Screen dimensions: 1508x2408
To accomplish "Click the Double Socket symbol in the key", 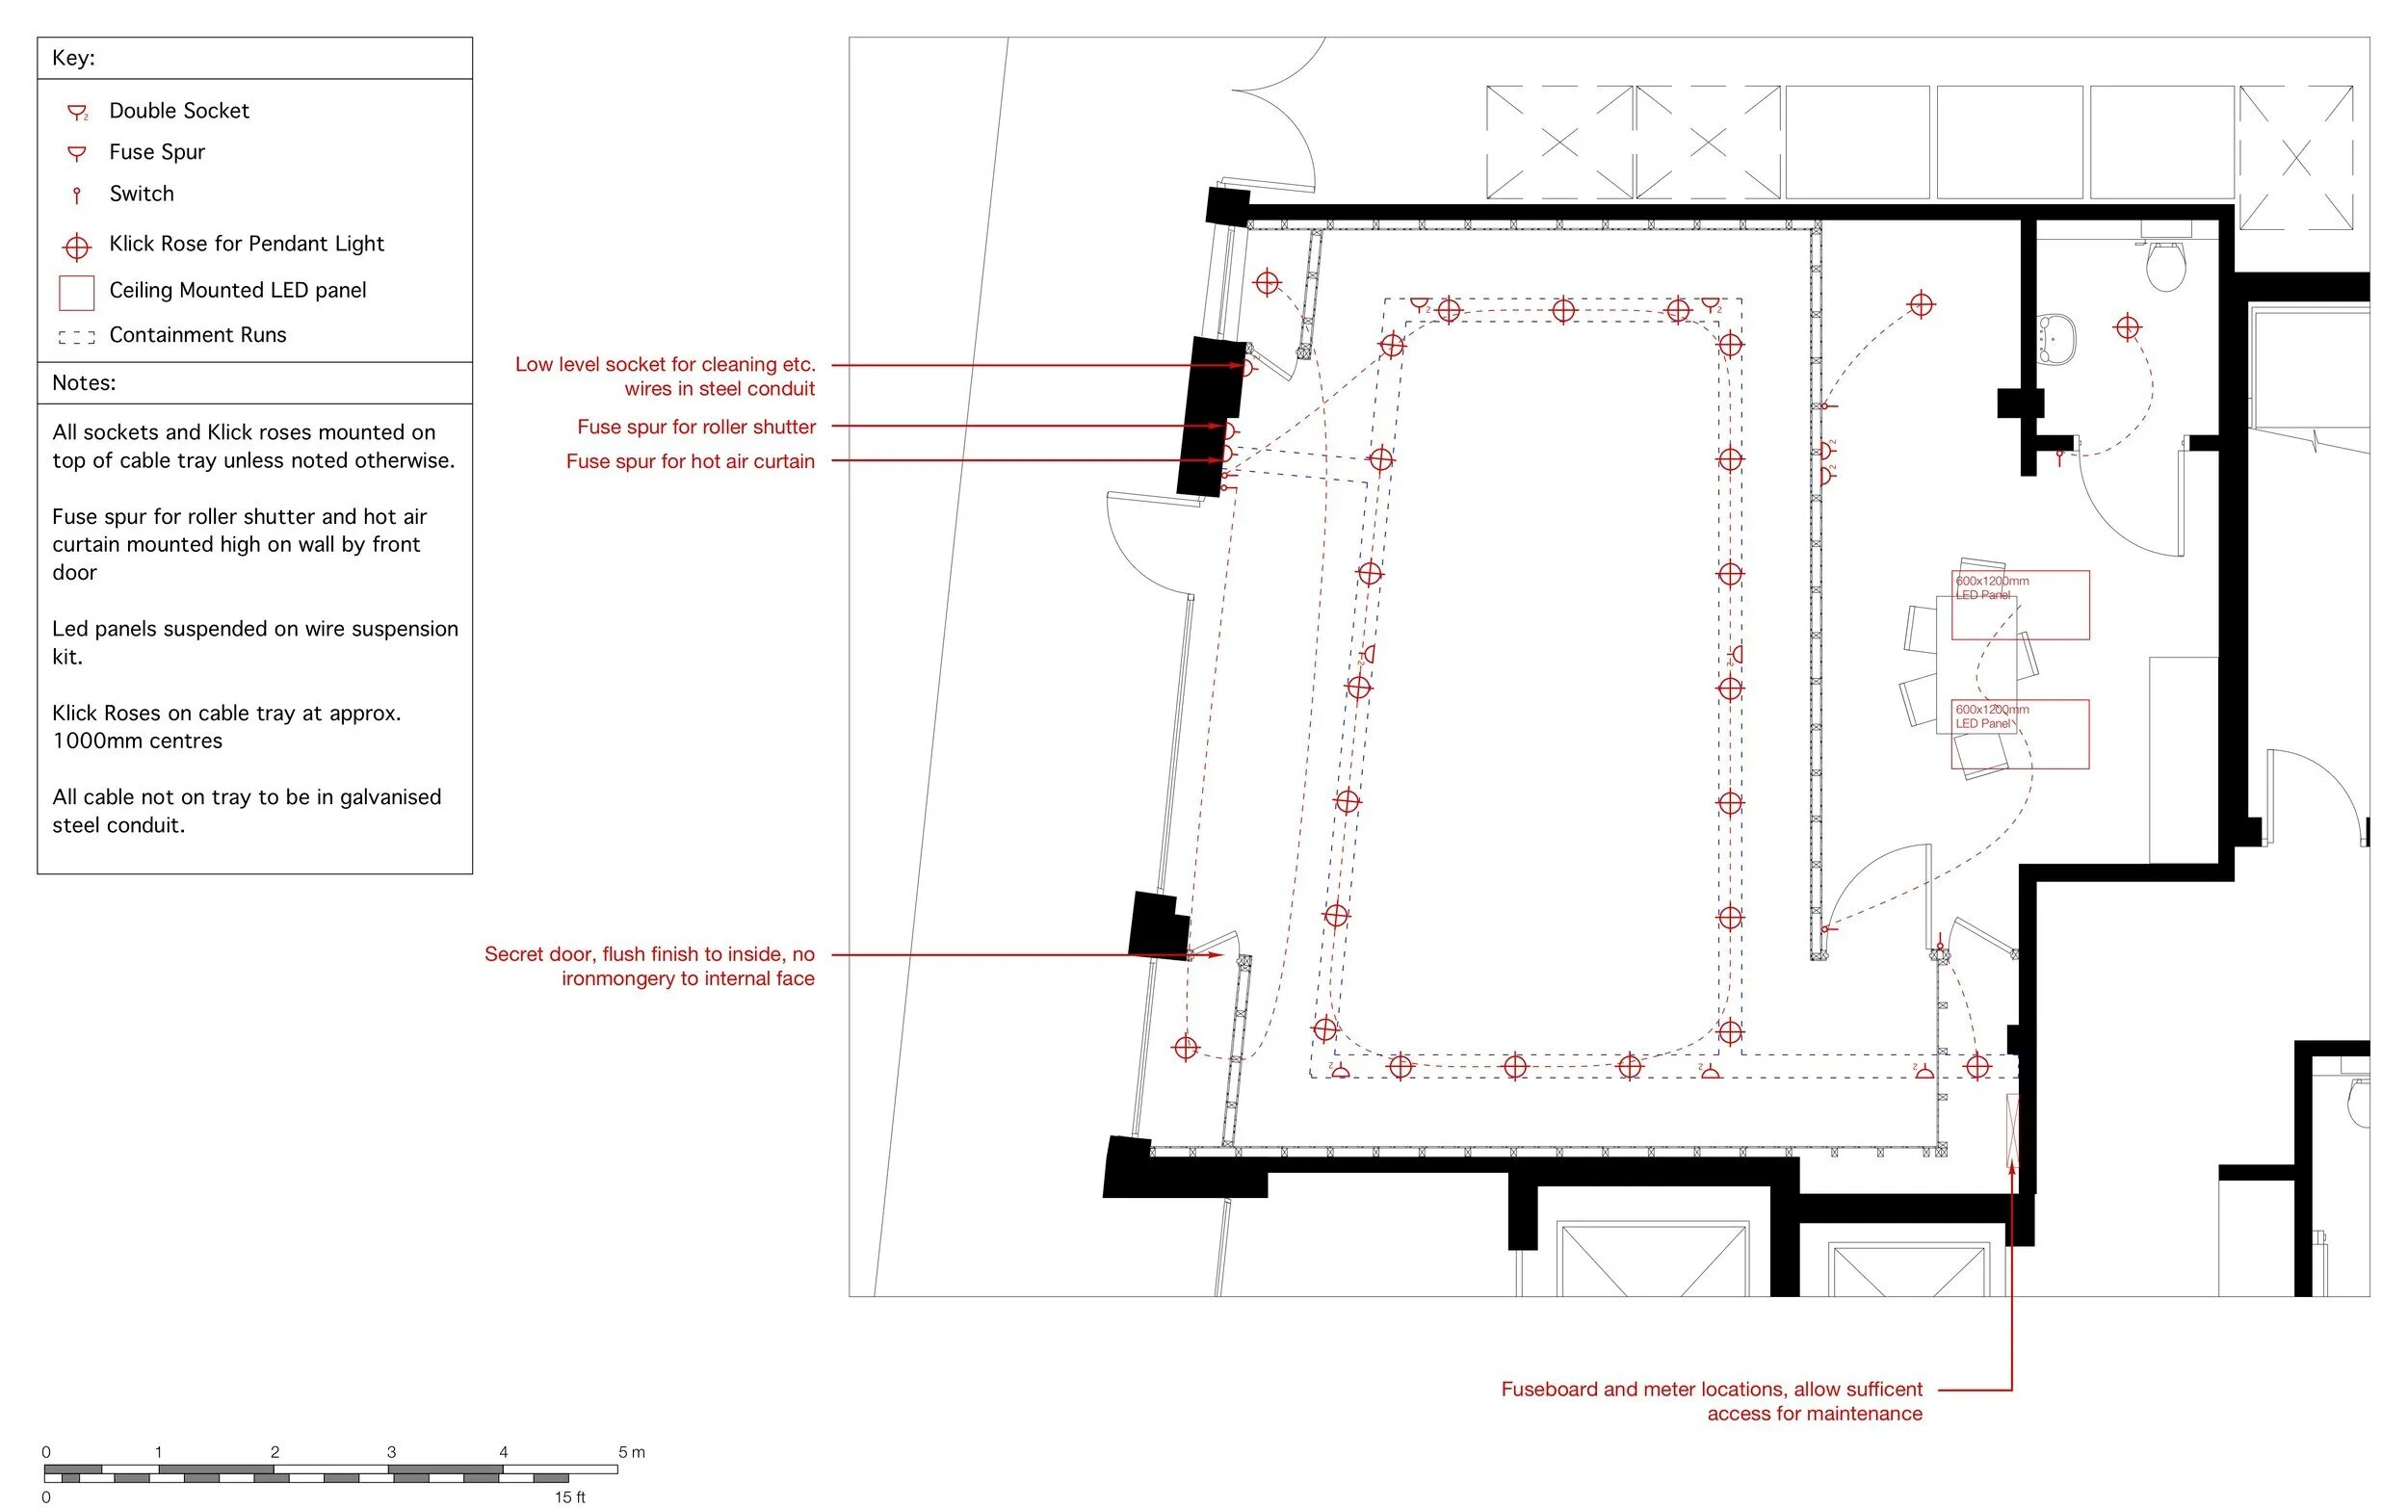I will [77, 112].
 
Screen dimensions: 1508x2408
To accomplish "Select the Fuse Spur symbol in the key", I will [77, 152].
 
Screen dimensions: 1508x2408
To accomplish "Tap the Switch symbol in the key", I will [77, 195].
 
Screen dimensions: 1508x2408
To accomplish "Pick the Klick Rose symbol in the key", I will [77, 246].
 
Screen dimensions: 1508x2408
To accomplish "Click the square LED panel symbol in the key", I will [77, 292].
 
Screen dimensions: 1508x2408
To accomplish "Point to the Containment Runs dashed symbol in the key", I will [77, 337].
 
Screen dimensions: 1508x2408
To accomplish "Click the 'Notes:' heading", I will [84, 383].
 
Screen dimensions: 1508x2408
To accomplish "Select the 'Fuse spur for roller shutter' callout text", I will [695, 427].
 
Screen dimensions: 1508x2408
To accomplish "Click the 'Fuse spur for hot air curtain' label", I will [690, 460].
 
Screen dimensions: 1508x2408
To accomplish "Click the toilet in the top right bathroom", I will [2164, 262].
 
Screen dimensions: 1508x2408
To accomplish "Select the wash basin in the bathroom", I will [2055, 338].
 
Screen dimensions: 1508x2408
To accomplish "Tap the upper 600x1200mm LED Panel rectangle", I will [2019, 606].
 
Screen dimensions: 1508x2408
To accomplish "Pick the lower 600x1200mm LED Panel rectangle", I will [2019, 734].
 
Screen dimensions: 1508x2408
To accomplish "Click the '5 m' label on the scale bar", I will [632, 1452].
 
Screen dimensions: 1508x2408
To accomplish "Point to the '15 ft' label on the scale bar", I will [569, 1497].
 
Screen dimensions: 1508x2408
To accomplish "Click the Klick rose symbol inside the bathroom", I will [2127, 327].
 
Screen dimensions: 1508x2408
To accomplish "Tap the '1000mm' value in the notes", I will [94, 741].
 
